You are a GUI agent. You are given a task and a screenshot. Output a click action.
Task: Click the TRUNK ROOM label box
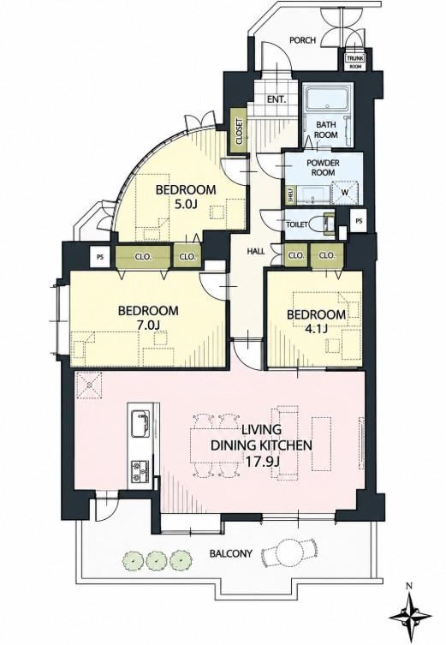354,62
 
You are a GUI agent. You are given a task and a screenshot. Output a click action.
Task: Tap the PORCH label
302,40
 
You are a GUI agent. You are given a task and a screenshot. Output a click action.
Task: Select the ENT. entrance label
277,99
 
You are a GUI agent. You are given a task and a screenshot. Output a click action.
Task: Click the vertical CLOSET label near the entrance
240,132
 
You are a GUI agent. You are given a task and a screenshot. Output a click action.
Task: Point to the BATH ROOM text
326,129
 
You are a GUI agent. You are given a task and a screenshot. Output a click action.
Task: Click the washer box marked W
345,191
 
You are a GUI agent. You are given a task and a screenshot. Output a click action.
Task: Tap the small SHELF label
290,196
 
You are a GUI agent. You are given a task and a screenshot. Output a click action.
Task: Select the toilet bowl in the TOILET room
318,224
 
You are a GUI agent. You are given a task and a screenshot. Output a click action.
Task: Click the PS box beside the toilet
360,221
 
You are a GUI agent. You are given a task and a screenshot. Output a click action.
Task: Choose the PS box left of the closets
100,258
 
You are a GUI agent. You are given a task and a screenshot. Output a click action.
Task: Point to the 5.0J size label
185,205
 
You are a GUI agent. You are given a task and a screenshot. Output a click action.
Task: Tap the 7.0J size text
148,325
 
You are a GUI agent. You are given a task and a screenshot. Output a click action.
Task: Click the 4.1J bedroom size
316,329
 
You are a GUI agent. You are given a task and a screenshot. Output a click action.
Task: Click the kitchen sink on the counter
140,424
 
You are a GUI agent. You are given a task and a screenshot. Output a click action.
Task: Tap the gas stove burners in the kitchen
140,471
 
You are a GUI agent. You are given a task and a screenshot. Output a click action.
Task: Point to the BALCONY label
230,553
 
